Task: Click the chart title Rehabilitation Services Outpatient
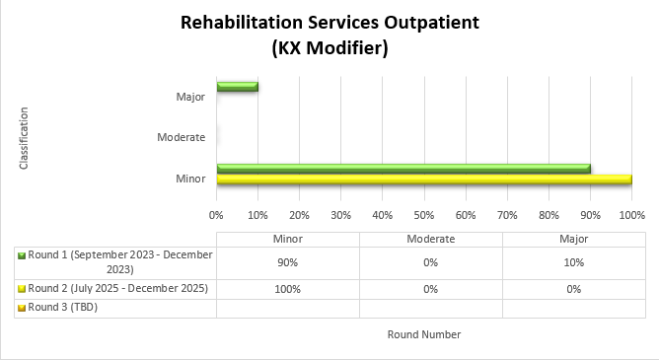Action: tap(329, 23)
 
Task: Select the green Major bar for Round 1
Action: tap(237, 87)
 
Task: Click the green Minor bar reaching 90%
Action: tap(403, 169)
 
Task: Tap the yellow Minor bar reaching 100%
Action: tap(423, 180)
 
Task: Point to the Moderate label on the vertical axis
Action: tap(181, 137)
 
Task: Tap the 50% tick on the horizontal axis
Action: tap(423, 213)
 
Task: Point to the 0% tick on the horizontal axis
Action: tap(217, 213)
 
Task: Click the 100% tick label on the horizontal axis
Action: tap(630, 213)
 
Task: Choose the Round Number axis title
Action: tap(423, 334)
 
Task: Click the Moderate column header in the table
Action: tap(430, 239)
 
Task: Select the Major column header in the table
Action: tap(574, 239)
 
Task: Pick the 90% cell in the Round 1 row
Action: tap(287, 262)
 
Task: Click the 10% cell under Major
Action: tap(574, 262)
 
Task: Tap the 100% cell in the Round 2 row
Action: tap(287, 288)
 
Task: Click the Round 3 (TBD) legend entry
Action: tap(63, 307)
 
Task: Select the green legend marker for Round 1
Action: tap(22, 255)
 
